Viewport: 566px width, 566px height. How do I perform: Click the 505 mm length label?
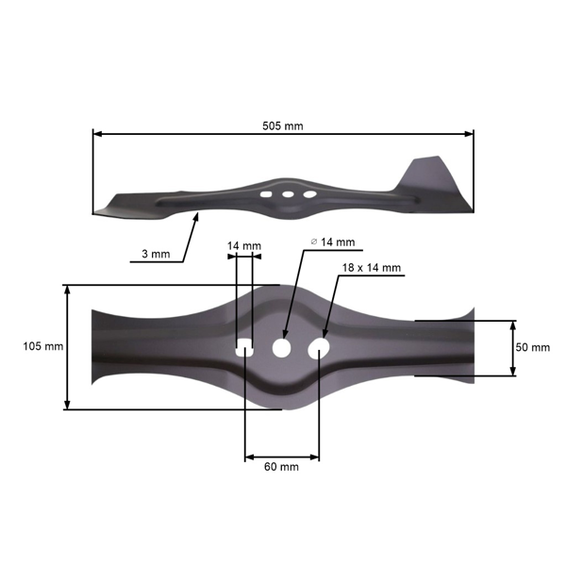[x=283, y=125]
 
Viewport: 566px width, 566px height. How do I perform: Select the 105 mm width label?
[x=42, y=347]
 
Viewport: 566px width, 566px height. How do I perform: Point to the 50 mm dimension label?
[x=533, y=347]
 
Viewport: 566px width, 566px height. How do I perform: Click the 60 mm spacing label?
[x=282, y=467]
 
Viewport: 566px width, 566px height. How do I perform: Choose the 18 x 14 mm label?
[x=372, y=268]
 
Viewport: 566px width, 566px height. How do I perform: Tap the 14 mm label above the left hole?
[x=244, y=246]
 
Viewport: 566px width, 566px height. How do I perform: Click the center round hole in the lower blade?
[x=281, y=348]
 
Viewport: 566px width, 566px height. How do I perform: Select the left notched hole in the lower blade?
[x=243, y=348]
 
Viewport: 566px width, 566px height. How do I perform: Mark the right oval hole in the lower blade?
[x=319, y=348]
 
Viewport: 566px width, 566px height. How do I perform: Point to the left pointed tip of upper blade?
[x=97, y=211]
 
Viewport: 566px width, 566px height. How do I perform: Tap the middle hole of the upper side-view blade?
[x=288, y=194]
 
